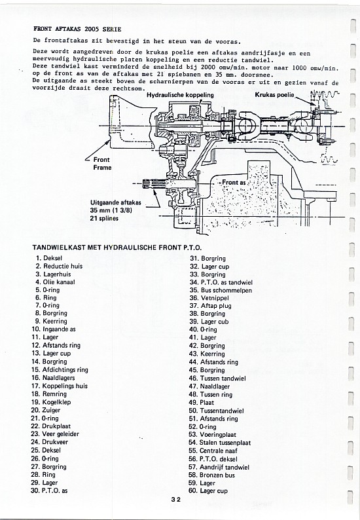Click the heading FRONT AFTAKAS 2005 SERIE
[x=77, y=29]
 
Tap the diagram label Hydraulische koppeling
[x=180, y=95]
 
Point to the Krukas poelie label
[x=274, y=95]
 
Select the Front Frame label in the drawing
[x=102, y=164]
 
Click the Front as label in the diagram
[x=234, y=183]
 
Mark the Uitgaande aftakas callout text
[x=116, y=202]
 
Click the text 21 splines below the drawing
[x=104, y=218]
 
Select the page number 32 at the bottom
[x=176, y=500]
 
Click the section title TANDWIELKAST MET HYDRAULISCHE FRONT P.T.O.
[x=117, y=248]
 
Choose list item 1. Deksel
[x=49, y=257]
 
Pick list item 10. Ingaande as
[x=54, y=329]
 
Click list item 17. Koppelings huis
[x=60, y=386]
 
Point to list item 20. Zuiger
[x=46, y=410]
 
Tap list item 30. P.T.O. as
[x=49, y=491]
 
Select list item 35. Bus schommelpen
[x=221, y=290]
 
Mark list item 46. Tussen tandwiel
[x=217, y=378]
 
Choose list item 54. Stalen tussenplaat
[x=219, y=443]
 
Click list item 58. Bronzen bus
[x=211, y=475]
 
